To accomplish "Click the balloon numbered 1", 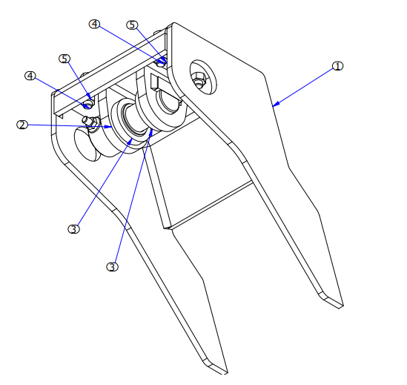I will pos(337,66).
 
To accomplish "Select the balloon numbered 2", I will pos(22,125).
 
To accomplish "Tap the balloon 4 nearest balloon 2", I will pos(30,76).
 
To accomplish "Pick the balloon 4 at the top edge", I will pos(94,24).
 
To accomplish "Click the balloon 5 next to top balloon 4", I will pos(132,24).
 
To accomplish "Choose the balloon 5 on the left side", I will pos(65,58).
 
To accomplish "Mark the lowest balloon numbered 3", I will pos(112,266).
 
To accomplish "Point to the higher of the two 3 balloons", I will pos(73,228).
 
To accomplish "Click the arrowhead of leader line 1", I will pos(274,105).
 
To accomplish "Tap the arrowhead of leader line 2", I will pos(111,127).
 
